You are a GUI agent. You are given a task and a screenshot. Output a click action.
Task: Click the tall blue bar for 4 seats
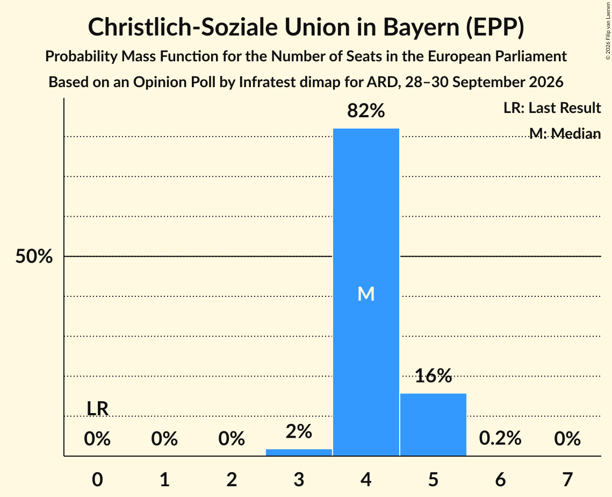(366, 292)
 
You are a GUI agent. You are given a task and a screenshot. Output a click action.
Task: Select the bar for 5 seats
(433, 424)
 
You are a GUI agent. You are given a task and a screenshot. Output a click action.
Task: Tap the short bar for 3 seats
(299, 452)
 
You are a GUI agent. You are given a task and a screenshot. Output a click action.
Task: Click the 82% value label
(366, 111)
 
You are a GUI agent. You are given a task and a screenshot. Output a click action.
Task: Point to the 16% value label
(433, 376)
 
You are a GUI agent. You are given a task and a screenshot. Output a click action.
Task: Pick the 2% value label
(299, 432)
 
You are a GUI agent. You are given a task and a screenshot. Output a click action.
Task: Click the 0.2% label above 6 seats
(500, 438)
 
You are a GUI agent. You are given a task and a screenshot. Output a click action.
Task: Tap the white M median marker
(366, 294)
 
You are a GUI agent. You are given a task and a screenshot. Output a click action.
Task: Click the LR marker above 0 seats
(97, 409)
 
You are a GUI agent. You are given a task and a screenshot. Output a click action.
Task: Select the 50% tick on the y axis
(34, 257)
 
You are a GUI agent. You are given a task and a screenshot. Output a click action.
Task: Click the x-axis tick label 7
(567, 479)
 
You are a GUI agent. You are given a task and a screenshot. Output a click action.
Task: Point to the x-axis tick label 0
(97, 479)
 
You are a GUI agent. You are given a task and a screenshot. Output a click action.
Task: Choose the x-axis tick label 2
(232, 479)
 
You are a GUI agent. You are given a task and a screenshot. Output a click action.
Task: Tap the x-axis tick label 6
(500, 479)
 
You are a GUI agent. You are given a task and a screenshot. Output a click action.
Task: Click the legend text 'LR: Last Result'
(552, 108)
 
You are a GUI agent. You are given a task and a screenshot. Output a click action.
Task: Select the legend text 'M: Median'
(565, 133)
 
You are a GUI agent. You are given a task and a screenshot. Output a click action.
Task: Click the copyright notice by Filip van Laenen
(608, 31)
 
